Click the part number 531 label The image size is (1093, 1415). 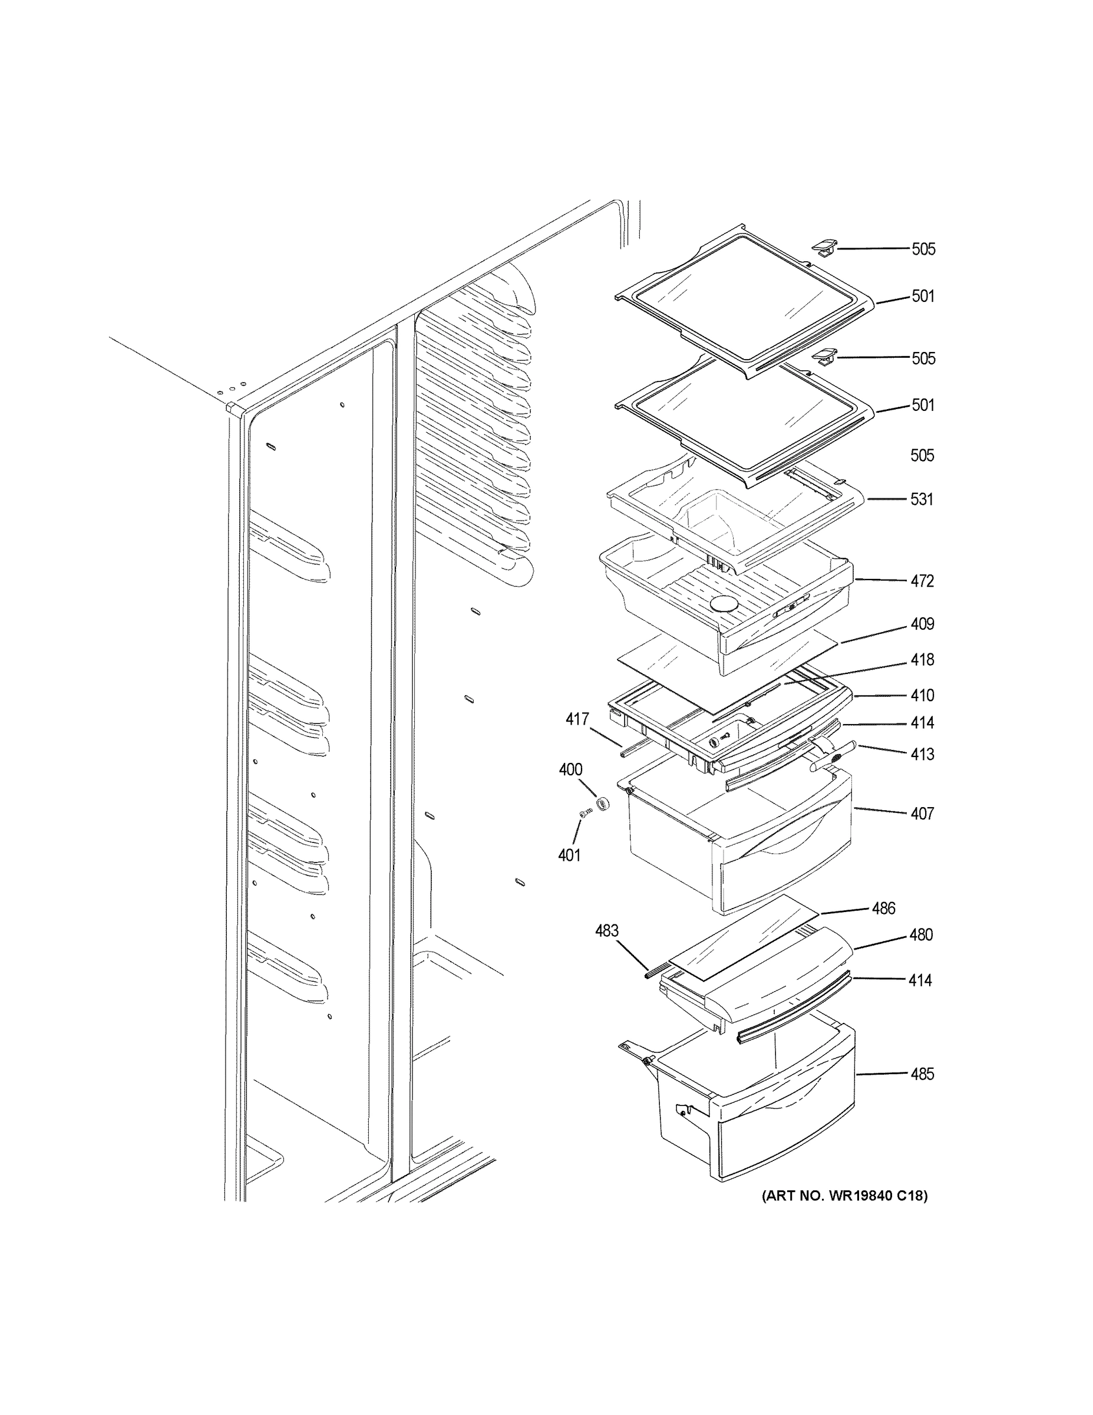922,499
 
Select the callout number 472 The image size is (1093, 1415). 922,581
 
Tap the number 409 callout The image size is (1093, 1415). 922,624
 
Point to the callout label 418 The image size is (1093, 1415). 922,660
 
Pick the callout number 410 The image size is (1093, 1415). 922,695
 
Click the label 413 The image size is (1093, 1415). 922,754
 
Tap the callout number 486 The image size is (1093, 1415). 883,909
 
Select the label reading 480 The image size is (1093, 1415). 921,935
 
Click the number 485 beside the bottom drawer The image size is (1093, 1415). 922,1074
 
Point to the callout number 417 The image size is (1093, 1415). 577,719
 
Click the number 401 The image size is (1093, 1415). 569,855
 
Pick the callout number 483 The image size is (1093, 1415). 607,930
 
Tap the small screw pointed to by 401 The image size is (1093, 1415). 587,814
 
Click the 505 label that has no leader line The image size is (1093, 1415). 922,456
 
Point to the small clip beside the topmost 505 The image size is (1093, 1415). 823,247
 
